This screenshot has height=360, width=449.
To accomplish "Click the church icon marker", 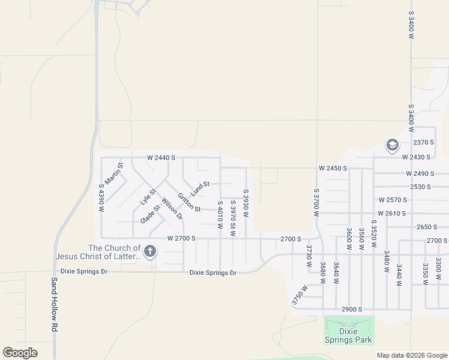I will (149, 251).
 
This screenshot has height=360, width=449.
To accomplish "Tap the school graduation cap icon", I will (393, 145).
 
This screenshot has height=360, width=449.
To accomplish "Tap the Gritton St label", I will (189, 202).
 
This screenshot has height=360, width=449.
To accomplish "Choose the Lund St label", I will (200, 188).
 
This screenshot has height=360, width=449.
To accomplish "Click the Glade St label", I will (150, 214).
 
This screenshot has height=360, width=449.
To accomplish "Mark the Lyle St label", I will (148, 197).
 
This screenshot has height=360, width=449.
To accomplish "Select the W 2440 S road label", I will (161, 158).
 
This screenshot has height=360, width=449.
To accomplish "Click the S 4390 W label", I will (101, 198).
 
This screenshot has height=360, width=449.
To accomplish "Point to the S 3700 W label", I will (316, 202).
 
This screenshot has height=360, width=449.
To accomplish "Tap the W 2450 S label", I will (333, 169).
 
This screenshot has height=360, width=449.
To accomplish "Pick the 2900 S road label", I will (352, 309).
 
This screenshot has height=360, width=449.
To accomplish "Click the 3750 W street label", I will (300, 296).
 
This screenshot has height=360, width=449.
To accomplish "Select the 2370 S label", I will (423, 142).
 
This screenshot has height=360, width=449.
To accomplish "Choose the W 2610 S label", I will (392, 214).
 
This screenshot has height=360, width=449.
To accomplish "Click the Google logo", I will (20, 353).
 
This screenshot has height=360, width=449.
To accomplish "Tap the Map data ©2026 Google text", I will (411, 355).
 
